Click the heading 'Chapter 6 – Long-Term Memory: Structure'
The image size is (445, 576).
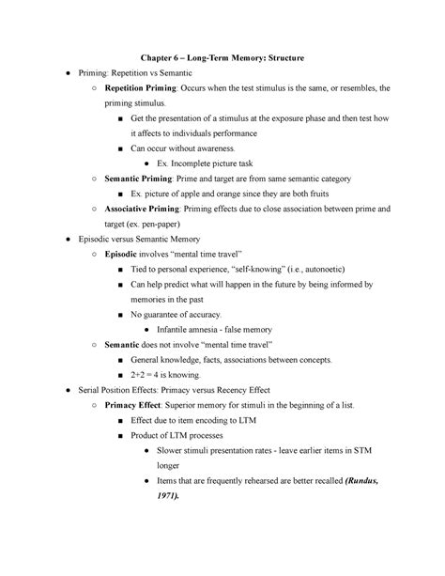[x=223, y=58]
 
